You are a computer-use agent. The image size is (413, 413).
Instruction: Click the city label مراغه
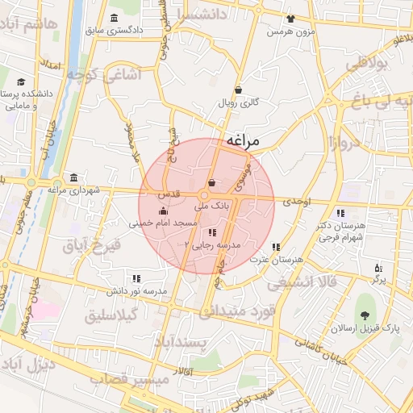coord(244,140)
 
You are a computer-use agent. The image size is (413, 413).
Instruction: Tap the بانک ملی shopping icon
coord(211,183)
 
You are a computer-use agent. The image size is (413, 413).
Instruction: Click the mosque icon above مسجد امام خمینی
coord(164,211)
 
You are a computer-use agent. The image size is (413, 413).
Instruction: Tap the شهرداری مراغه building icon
coord(74,177)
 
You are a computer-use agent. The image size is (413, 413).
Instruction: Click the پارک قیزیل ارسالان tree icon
coord(368,314)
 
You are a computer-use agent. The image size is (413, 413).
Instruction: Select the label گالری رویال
coord(237,104)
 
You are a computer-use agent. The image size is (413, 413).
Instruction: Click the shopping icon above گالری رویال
coord(238,90)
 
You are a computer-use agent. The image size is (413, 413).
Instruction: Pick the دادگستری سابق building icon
coord(112,18)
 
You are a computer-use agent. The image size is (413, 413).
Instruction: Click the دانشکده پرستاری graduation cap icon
coord(19,81)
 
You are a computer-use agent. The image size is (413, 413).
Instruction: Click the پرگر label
coord(378,280)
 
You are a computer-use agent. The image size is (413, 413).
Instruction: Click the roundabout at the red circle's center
coord(205,195)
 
